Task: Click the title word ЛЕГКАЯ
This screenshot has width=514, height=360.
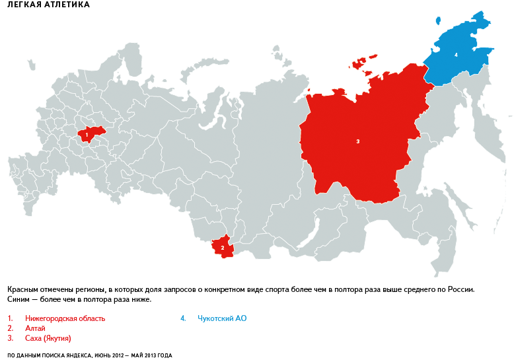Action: click(x=24, y=5)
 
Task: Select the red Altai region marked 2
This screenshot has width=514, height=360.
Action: click(x=222, y=248)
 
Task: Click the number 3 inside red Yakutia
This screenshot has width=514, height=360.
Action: click(x=357, y=141)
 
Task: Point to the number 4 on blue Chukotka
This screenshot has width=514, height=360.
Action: click(x=456, y=55)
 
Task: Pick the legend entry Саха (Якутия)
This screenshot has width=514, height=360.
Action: click(x=48, y=338)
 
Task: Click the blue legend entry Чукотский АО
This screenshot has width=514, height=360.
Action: click(x=222, y=318)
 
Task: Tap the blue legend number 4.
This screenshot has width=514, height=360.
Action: click(x=183, y=318)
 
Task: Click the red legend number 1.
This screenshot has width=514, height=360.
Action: click(x=10, y=318)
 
